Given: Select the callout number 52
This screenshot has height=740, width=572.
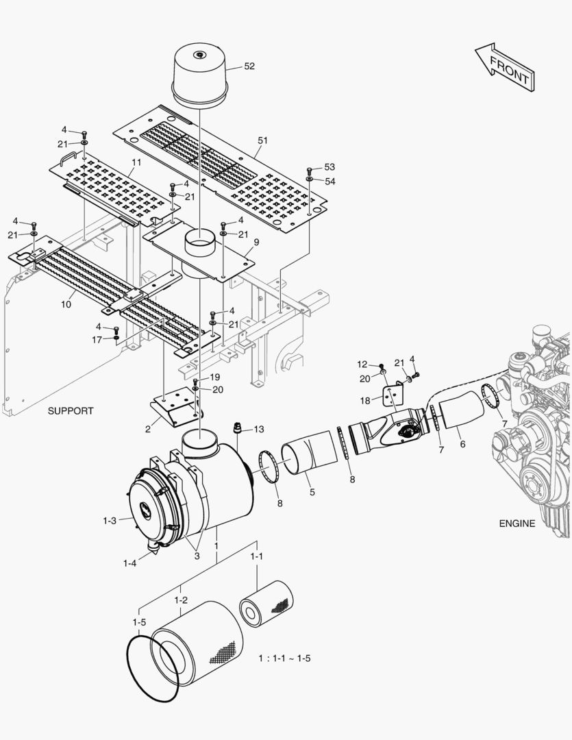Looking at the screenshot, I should click(x=249, y=66).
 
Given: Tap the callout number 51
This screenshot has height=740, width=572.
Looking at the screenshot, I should click(x=262, y=140).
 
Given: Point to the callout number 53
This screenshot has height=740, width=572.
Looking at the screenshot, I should click(x=329, y=167).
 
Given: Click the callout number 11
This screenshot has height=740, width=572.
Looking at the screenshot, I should click(x=136, y=162).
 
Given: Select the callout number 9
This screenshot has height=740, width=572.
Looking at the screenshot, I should click(x=256, y=242).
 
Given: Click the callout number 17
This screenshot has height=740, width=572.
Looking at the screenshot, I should click(x=97, y=339).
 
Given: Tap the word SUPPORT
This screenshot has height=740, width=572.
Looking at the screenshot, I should click(x=71, y=411).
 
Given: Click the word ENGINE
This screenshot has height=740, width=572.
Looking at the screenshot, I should click(x=517, y=523).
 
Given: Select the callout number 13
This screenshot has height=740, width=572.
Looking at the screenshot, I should click(x=258, y=430).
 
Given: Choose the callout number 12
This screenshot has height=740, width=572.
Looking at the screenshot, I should click(x=362, y=364).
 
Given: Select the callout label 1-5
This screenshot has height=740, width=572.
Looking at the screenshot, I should click(x=139, y=622).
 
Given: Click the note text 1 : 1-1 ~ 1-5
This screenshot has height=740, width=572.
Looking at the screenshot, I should click(x=284, y=658).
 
